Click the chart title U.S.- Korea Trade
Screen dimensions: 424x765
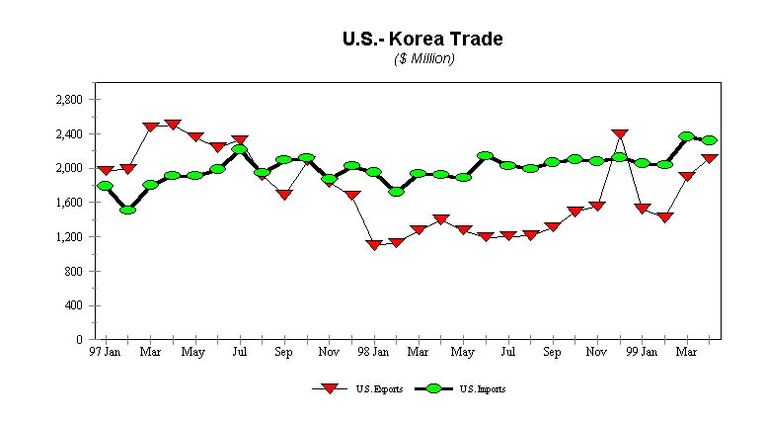tap(422, 39)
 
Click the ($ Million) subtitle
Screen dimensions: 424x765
tap(423, 59)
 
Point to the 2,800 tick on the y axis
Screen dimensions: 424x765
tap(69, 100)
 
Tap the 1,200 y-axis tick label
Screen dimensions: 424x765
tap(69, 237)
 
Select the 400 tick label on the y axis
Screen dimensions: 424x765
tap(73, 305)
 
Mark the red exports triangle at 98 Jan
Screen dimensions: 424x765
tap(373, 244)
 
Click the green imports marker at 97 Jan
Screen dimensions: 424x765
tap(105, 186)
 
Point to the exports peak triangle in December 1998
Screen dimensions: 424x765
tap(620, 133)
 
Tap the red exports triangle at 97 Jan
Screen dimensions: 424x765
tap(105, 171)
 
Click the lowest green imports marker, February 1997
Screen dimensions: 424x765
tap(127, 210)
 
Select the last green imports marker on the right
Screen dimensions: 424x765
tap(710, 140)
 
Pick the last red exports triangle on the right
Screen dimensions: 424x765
tap(710, 158)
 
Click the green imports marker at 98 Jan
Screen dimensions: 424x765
tap(373, 172)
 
